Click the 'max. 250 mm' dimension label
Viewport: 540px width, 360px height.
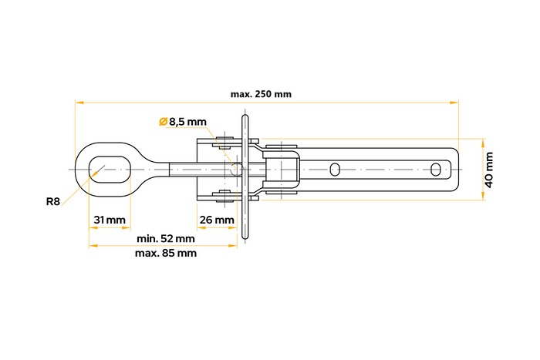tap(261, 94)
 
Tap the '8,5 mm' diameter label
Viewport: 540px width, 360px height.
tap(188, 122)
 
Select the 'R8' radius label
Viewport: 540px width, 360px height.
tap(52, 201)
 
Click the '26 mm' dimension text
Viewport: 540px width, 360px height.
tap(216, 220)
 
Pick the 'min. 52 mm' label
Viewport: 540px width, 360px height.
tap(164, 238)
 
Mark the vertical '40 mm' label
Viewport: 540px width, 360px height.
tap(491, 170)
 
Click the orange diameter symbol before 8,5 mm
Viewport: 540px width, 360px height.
tap(163, 122)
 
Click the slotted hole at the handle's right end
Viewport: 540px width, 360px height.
tap(437, 169)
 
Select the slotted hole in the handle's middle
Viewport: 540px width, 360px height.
tap(335, 169)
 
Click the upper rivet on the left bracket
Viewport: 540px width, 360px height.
tap(224, 143)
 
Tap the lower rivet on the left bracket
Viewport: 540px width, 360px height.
tap(224, 195)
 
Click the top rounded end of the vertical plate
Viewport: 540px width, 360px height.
tap(245, 116)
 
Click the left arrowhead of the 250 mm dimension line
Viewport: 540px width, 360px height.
tap(77, 102)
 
